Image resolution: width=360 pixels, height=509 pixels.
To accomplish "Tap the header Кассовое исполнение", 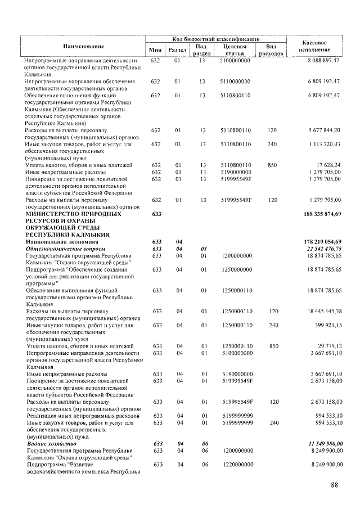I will tap(314, 46).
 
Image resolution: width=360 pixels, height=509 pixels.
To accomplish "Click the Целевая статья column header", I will tap(235, 49).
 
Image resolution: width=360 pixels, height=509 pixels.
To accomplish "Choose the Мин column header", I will tap(156, 50).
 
